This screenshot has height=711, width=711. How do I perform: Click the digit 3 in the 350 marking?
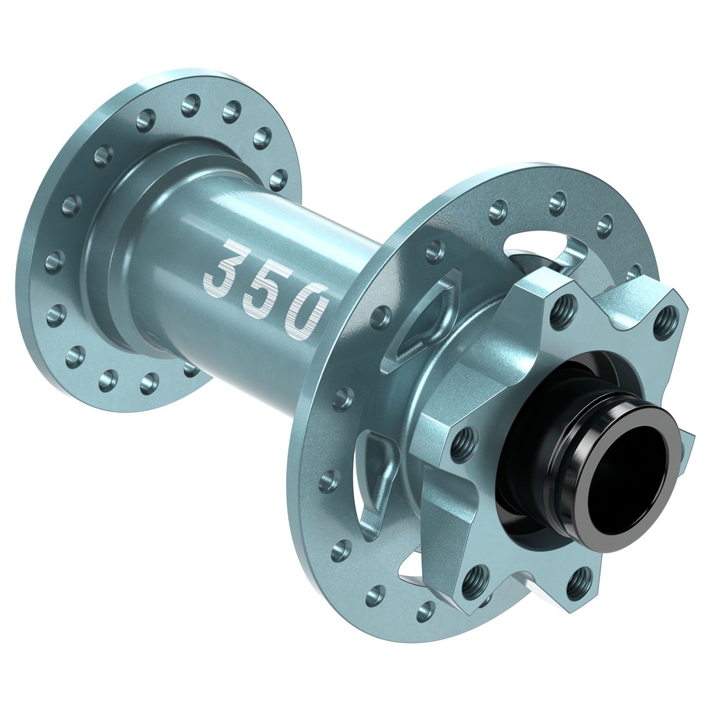point(226,266)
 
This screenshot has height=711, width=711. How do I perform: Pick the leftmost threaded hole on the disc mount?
point(463,442)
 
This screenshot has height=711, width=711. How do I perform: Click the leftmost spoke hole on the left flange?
point(55,261)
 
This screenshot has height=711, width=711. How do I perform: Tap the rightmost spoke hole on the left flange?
point(278,179)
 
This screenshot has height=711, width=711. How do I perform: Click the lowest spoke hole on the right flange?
point(426,611)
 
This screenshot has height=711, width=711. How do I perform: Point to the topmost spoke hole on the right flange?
point(558,203)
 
